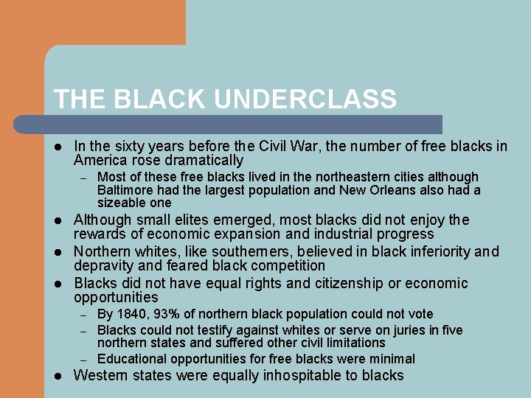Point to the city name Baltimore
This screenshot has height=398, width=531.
point(126,190)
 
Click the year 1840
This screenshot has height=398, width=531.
point(130,314)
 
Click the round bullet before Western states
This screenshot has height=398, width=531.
point(59,376)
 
